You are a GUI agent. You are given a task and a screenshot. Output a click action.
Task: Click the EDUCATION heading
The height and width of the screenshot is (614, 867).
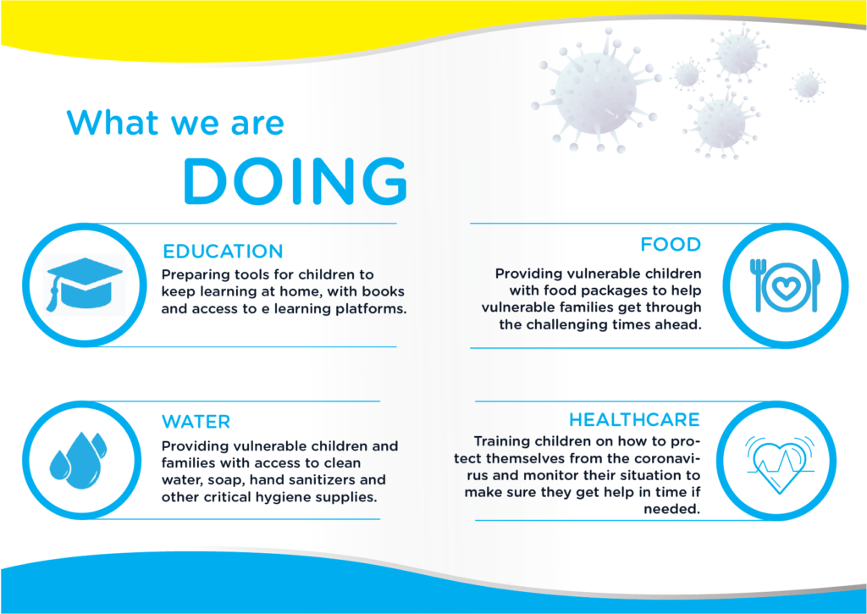coord(223,252)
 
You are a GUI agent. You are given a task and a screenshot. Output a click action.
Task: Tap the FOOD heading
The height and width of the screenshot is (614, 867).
coord(671,244)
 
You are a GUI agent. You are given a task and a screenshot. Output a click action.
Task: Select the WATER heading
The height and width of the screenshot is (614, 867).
coord(196,422)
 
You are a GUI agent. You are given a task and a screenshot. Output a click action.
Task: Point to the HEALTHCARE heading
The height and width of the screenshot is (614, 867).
coord(634,420)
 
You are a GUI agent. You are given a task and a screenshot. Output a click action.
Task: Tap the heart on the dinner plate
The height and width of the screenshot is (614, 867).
coord(786,287)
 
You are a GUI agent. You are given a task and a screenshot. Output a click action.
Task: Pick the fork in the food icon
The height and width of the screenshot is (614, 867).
coord(756,285)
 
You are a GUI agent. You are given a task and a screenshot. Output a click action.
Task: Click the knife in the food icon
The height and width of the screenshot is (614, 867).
coord(815,285)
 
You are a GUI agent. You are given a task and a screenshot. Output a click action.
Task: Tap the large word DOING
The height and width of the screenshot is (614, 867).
coord(295,180)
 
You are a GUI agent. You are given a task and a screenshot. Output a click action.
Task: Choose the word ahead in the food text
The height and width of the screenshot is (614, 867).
coord(679,324)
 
